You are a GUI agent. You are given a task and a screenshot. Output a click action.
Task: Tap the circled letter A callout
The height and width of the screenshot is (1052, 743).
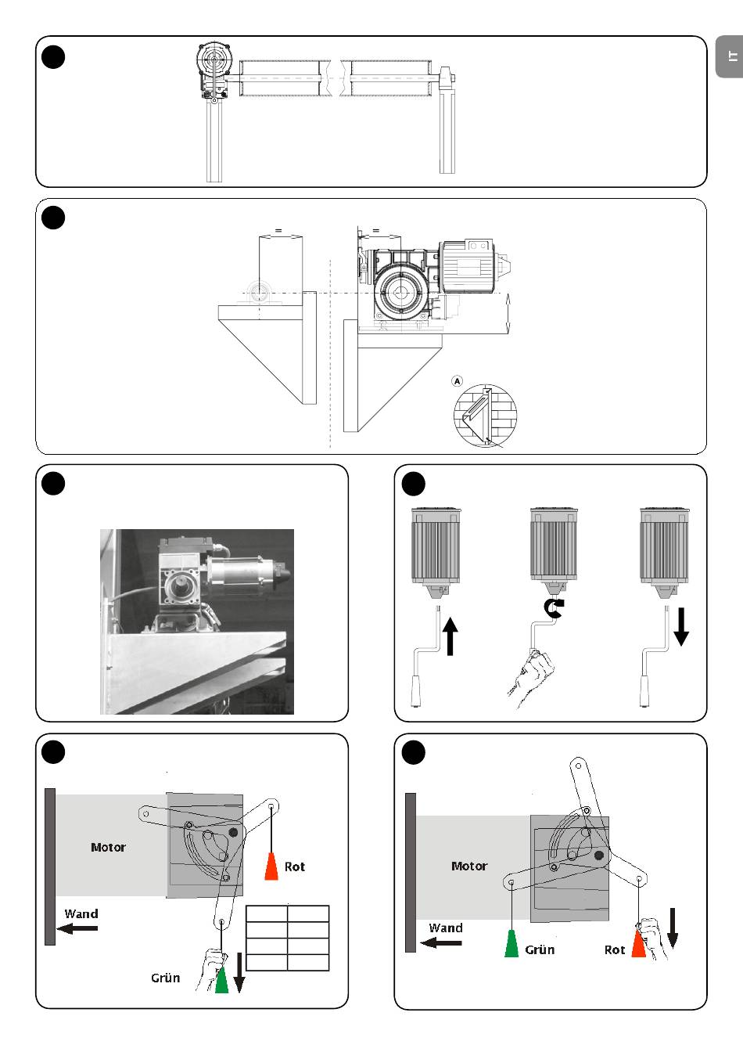point(458,381)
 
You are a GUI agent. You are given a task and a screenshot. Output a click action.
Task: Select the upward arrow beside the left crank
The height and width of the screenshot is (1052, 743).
point(450,636)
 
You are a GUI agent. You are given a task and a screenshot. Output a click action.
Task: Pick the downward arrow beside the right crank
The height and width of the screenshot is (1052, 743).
point(681,626)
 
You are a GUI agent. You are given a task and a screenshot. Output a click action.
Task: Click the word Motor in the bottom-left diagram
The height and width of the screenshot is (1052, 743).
point(108,847)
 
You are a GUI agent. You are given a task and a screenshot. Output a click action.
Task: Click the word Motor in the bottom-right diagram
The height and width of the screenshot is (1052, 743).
point(469,866)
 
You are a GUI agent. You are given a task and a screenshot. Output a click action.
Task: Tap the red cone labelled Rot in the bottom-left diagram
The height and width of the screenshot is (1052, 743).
point(271,866)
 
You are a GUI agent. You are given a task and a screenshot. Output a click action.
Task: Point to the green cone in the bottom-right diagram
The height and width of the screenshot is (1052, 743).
point(511,943)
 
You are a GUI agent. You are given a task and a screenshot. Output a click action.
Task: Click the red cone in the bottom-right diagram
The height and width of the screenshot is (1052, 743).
point(639,943)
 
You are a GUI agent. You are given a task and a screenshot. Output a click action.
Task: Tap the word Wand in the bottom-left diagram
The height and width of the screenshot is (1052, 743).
point(81,913)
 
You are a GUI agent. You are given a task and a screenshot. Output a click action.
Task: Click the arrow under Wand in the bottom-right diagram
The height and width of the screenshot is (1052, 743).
point(441,942)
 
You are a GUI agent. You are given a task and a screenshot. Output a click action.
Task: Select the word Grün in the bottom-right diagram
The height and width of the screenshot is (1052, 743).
point(540,949)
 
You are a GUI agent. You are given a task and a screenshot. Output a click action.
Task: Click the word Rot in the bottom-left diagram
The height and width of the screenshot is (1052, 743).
point(294,866)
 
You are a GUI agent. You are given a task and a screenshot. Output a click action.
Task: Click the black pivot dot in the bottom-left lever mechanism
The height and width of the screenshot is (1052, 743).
point(233,832)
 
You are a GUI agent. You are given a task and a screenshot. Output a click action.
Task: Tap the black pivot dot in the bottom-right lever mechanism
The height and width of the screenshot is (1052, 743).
point(598,856)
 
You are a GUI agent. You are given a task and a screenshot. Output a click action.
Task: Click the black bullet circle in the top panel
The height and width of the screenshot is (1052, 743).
point(53,57)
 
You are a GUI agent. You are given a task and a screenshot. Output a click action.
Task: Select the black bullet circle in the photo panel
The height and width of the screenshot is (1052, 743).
point(53,483)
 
